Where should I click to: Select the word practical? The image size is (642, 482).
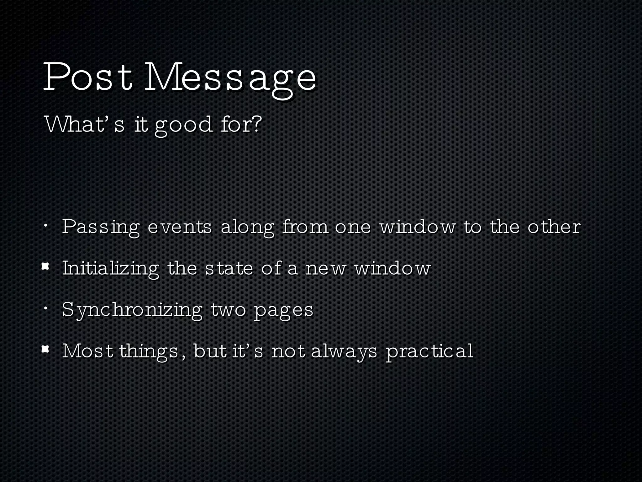(x=429, y=352)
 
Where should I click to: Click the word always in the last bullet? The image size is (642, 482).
(x=344, y=352)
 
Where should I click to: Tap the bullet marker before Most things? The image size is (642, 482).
(x=46, y=349)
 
